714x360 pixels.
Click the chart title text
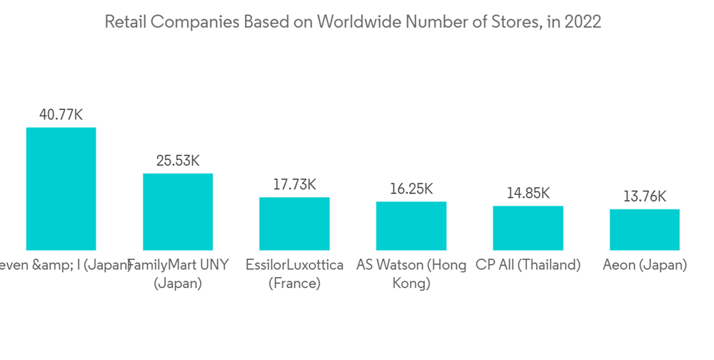tap(353, 22)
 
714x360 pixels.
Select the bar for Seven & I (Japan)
tap(61, 189)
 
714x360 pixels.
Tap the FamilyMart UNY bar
tap(178, 211)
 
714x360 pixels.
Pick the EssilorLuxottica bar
tap(294, 224)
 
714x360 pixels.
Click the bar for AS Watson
tap(411, 226)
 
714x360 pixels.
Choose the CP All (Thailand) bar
tap(528, 228)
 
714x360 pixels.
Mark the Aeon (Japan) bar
tap(645, 229)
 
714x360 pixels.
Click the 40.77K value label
tap(61, 114)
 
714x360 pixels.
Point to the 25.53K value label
tap(178, 160)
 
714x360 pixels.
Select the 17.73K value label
tap(294, 184)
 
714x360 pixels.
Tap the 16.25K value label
tap(411, 189)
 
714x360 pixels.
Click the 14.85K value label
tap(528, 193)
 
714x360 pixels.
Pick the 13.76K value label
tap(645, 196)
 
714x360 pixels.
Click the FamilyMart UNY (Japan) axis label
tap(178, 274)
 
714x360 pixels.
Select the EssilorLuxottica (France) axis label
tap(294, 274)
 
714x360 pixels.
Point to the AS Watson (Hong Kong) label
tap(411, 274)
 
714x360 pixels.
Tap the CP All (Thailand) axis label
tap(528, 265)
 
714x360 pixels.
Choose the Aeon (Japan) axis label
tap(645, 265)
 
